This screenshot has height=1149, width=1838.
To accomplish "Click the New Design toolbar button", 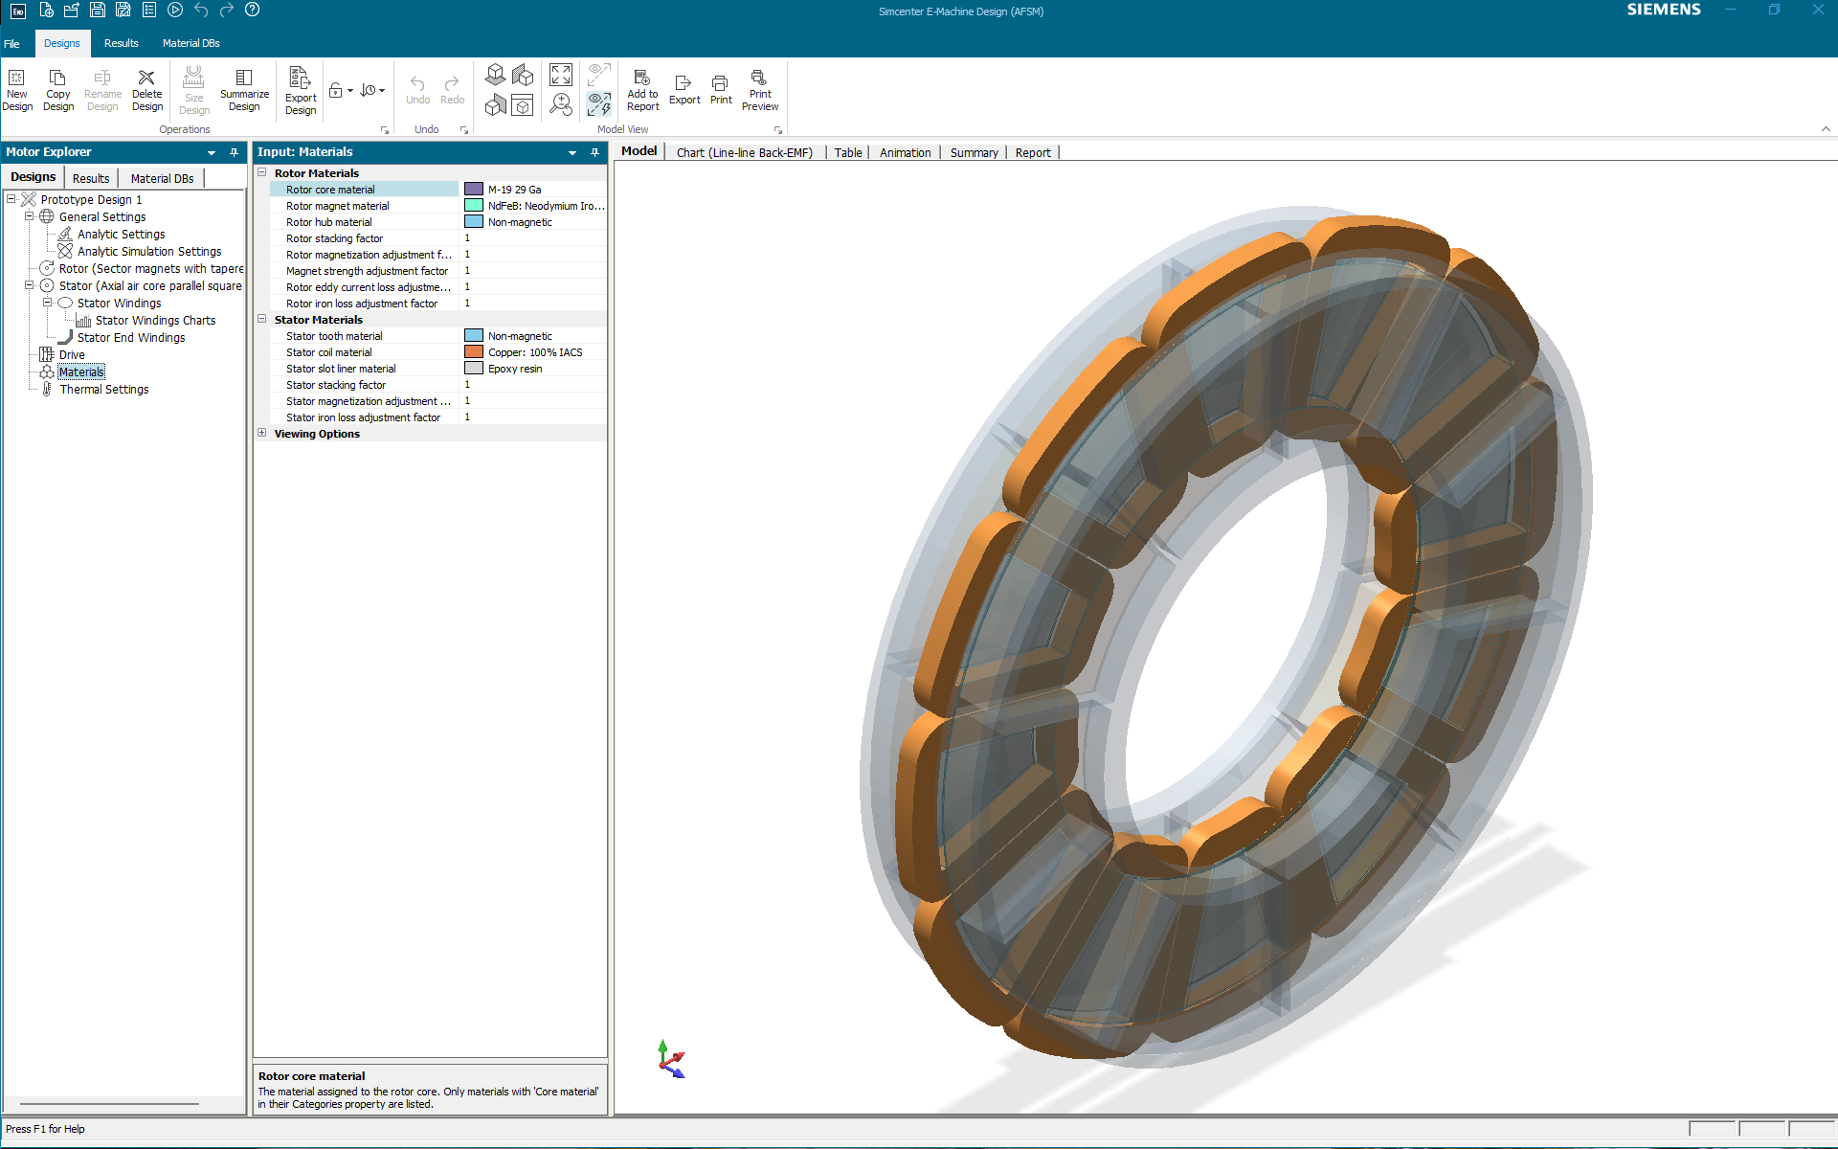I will (x=17, y=89).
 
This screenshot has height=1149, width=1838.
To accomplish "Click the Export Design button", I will (x=300, y=91).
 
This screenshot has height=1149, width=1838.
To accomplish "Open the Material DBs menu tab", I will (x=191, y=43).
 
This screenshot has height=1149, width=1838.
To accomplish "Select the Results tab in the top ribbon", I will (x=121, y=43).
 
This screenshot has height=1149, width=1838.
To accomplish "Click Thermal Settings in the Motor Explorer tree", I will (x=103, y=390).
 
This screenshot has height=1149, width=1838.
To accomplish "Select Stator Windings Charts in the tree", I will (x=155, y=321).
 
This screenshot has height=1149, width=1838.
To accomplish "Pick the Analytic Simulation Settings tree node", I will (x=148, y=252).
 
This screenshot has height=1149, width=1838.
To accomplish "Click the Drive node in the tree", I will (x=72, y=355).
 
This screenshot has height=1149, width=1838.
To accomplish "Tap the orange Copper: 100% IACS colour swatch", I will (x=474, y=352).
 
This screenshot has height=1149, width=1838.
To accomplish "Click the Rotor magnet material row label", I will (x=338, y=206).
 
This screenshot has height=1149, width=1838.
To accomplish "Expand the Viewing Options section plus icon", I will (x=262, y=433).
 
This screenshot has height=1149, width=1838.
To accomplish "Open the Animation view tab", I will (x=905, y=152).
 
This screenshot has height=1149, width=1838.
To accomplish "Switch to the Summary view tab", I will (x=974, y=152).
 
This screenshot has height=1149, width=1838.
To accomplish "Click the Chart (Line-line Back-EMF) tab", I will (x=744, y=152).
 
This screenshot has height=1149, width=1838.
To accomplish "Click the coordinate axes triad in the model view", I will (x=671, y=1059).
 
